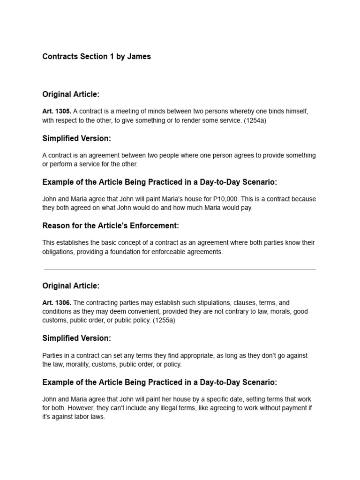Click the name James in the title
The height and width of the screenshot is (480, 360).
click(x=139, y=56)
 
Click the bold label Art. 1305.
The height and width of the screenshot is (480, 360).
click(x=56, y=112)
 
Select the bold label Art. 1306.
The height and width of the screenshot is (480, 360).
click(x=56, y=303)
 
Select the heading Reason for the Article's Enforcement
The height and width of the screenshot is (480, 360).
click(x=111, y=226)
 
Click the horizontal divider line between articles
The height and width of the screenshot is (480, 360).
click(x=180, y=270)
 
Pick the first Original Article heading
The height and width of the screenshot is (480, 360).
click(x=71, y=94)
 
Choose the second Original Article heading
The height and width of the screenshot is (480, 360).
click(x=71, y=285)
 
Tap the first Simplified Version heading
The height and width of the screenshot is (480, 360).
click(x=76, y=138)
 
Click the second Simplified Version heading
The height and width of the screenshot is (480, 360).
click(x=76, y=338)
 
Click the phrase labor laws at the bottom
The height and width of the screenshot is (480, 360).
click(x=90, y=416)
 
